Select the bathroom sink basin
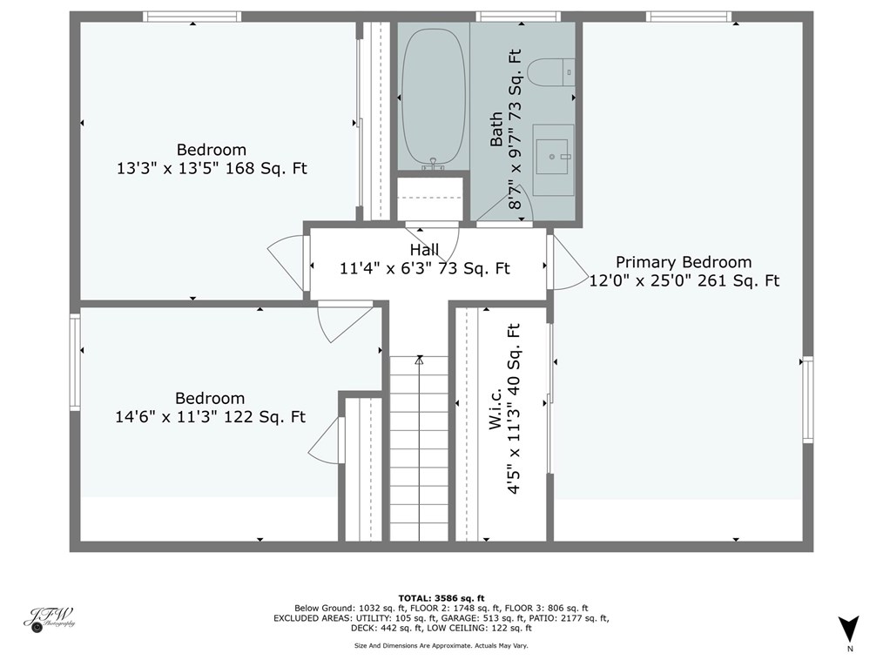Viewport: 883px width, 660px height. pos(552,157)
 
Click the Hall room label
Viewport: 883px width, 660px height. pos(424,251)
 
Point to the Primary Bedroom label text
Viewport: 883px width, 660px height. pos(683,262)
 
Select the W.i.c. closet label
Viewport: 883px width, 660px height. pos(495,408)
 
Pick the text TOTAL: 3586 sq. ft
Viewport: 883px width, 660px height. pos(441,597)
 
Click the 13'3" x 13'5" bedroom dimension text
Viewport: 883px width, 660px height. pos(212,169)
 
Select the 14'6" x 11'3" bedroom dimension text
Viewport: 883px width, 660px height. pos(210,417)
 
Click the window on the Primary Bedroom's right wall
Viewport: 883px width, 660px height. pos(807,400)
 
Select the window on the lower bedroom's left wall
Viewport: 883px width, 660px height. pos(75,360)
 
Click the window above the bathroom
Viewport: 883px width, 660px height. pos(517,16)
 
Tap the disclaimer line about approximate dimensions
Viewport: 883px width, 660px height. pos(441,645)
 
